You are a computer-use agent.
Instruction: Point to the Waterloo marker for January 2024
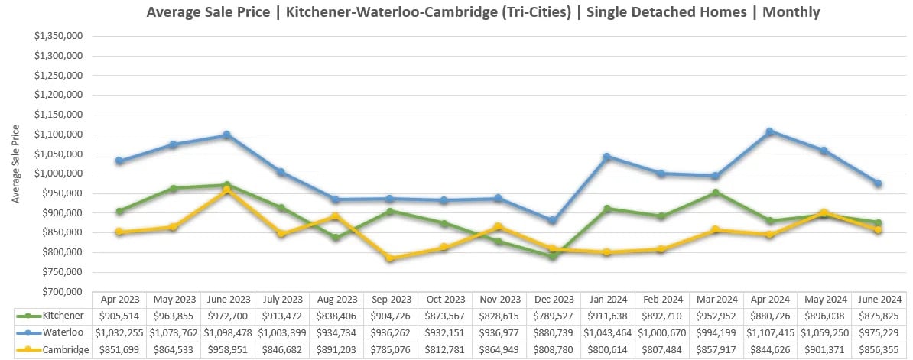607,157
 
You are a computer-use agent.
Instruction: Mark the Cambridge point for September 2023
390,258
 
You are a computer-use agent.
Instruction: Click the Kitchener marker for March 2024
715,193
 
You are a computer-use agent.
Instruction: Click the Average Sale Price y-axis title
16,164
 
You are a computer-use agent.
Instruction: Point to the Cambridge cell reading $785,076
390,349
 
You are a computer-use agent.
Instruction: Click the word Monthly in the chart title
791,12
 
